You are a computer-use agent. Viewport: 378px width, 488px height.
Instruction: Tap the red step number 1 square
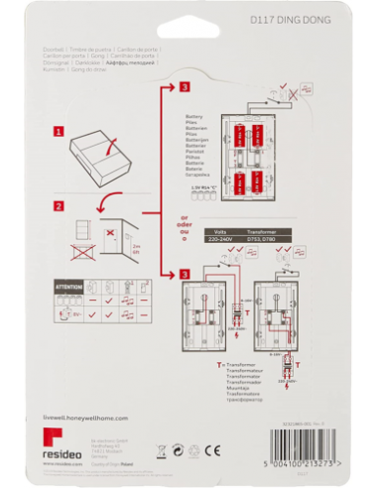pyautogui.click(x=60, y=130)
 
